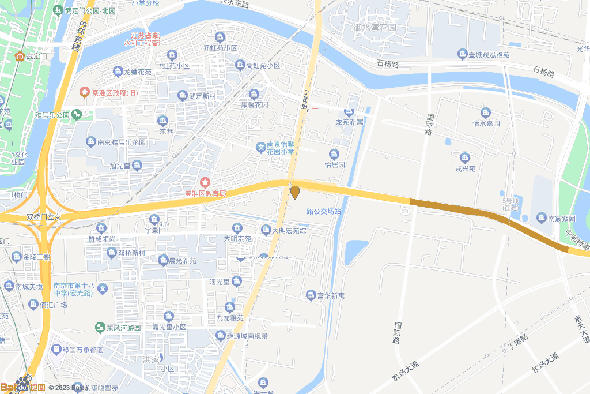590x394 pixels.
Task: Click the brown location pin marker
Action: [295, 192]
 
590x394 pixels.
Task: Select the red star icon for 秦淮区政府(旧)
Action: [85, 92]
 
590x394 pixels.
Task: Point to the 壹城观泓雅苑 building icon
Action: [462, 54]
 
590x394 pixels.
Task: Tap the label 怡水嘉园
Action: [486, 123]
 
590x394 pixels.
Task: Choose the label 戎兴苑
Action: [465, 168]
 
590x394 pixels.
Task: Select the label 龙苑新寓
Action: [350, 122]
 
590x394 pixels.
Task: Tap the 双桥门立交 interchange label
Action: [44, 217]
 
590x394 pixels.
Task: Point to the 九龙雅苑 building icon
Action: [230, 306]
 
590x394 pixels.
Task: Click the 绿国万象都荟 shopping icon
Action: [56, 349]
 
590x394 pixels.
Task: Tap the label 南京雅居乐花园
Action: [121, 142]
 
